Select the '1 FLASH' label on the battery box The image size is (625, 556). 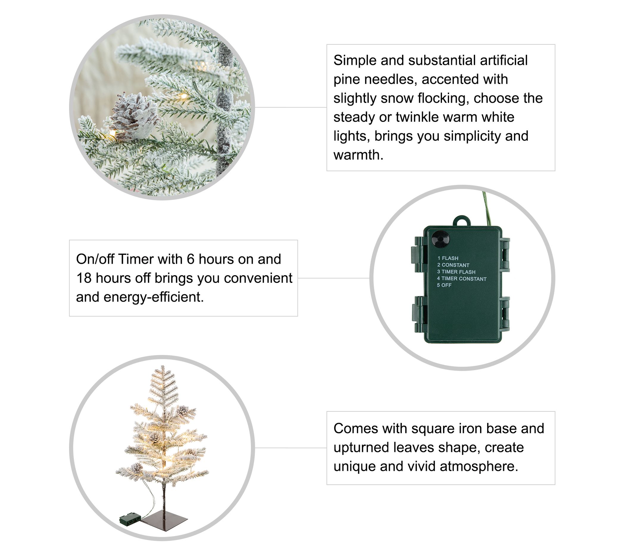click(448, 258)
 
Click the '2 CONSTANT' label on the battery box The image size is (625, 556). click(453, 265)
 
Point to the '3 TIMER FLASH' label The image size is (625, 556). click(456, 272)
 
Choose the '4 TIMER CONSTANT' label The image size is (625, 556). click(462, 278)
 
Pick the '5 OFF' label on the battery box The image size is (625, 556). click(444, 285)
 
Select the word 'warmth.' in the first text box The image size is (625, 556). click(358, 155)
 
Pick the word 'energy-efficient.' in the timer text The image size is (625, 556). click(154, 298)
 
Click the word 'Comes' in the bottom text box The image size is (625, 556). click(355, 429)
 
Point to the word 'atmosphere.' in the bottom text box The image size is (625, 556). click(479, 466)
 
